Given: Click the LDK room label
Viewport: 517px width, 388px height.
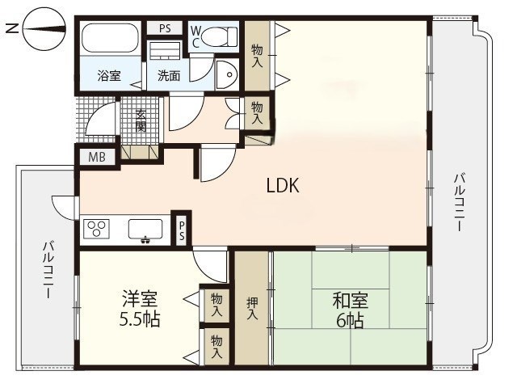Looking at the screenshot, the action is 283,185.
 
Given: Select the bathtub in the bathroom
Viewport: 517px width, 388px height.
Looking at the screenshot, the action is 110,37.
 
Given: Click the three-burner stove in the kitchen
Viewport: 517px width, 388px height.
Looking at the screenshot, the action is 97,228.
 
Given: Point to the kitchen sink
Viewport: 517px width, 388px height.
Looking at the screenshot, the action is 145,230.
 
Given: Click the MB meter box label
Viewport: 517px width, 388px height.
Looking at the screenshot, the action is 97,157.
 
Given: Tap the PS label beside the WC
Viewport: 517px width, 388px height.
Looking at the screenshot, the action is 165,28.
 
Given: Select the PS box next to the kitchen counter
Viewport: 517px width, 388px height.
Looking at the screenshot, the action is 182,230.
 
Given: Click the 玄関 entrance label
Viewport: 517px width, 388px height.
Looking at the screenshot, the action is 141,120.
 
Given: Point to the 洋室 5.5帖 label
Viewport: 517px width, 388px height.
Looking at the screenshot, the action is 140,309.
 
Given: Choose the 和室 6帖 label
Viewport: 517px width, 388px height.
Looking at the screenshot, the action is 350,310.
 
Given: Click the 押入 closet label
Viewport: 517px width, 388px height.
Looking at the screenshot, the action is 252,308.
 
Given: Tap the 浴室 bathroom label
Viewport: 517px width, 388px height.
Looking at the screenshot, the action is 109,76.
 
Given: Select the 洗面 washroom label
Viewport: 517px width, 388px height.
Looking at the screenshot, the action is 169,76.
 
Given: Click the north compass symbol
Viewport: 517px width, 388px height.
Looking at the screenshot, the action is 44,29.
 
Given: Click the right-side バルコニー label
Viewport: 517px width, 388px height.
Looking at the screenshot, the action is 460,202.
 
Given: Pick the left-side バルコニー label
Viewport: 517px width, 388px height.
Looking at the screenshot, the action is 48,270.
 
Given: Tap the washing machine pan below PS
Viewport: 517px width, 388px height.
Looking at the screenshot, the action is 165,50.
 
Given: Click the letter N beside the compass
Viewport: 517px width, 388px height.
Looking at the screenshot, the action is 13,29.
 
